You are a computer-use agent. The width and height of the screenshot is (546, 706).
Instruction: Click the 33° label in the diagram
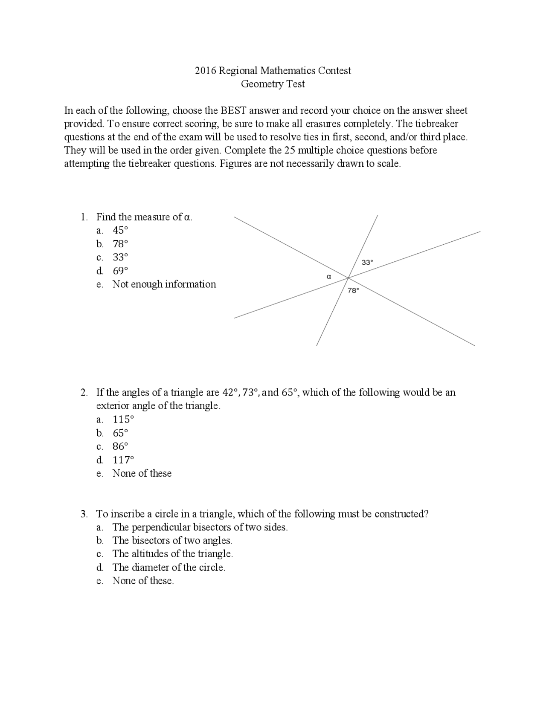coord(367,263)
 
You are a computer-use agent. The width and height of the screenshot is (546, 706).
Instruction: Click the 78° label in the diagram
coord(353,290)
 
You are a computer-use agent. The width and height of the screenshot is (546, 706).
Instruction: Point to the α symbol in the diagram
coord(328,277)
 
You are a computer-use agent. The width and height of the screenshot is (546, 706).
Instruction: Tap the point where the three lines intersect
coord(349,278)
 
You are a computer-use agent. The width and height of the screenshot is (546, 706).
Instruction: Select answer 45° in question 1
coord(120,230)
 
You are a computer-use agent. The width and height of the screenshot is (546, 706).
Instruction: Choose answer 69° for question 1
coord(120,271)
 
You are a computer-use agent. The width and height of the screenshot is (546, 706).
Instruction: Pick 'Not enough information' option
coord(164,284)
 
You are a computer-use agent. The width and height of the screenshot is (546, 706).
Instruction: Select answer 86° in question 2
coord(120,446)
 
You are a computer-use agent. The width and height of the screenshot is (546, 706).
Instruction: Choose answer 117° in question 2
coord(123,460)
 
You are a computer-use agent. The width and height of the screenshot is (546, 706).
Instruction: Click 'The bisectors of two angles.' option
coord(172,541)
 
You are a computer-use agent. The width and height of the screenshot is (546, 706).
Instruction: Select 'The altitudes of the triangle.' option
coord(172,554)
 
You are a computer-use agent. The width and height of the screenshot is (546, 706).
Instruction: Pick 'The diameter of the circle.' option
coord(168,567)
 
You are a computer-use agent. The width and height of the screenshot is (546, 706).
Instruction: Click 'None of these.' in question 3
coord(143,581)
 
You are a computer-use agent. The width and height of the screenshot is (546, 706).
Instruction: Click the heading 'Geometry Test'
coord(273,84)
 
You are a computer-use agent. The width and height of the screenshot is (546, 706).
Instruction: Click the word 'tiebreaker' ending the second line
coord(436,124)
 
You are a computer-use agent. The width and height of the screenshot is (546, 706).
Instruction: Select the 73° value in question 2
coord(250,393)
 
